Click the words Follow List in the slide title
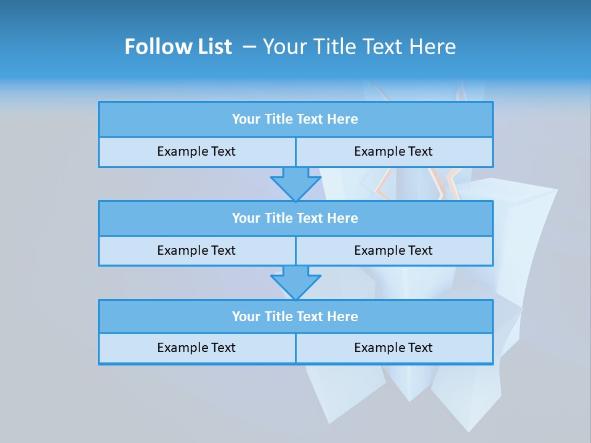click(x=178, y=47)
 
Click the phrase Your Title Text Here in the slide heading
click(x=359, y=47)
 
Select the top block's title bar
click(x=295, y=119)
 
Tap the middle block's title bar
click(x=295, y=218)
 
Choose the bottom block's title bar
click(x=295, y=316)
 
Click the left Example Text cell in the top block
click(x=196, y=151)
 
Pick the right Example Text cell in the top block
click(x=393, y=151)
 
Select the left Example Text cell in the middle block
click(x=196, y=250)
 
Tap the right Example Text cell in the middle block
click(x=393, y=250)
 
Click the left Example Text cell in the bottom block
click(x=196, y=348)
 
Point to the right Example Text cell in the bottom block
click(x=393, y=348)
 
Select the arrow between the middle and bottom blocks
click(x=295, y=282)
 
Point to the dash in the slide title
click(x=249, y=47)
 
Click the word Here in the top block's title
click(x=343, y=119)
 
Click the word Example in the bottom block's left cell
click(x=181, y=348)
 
